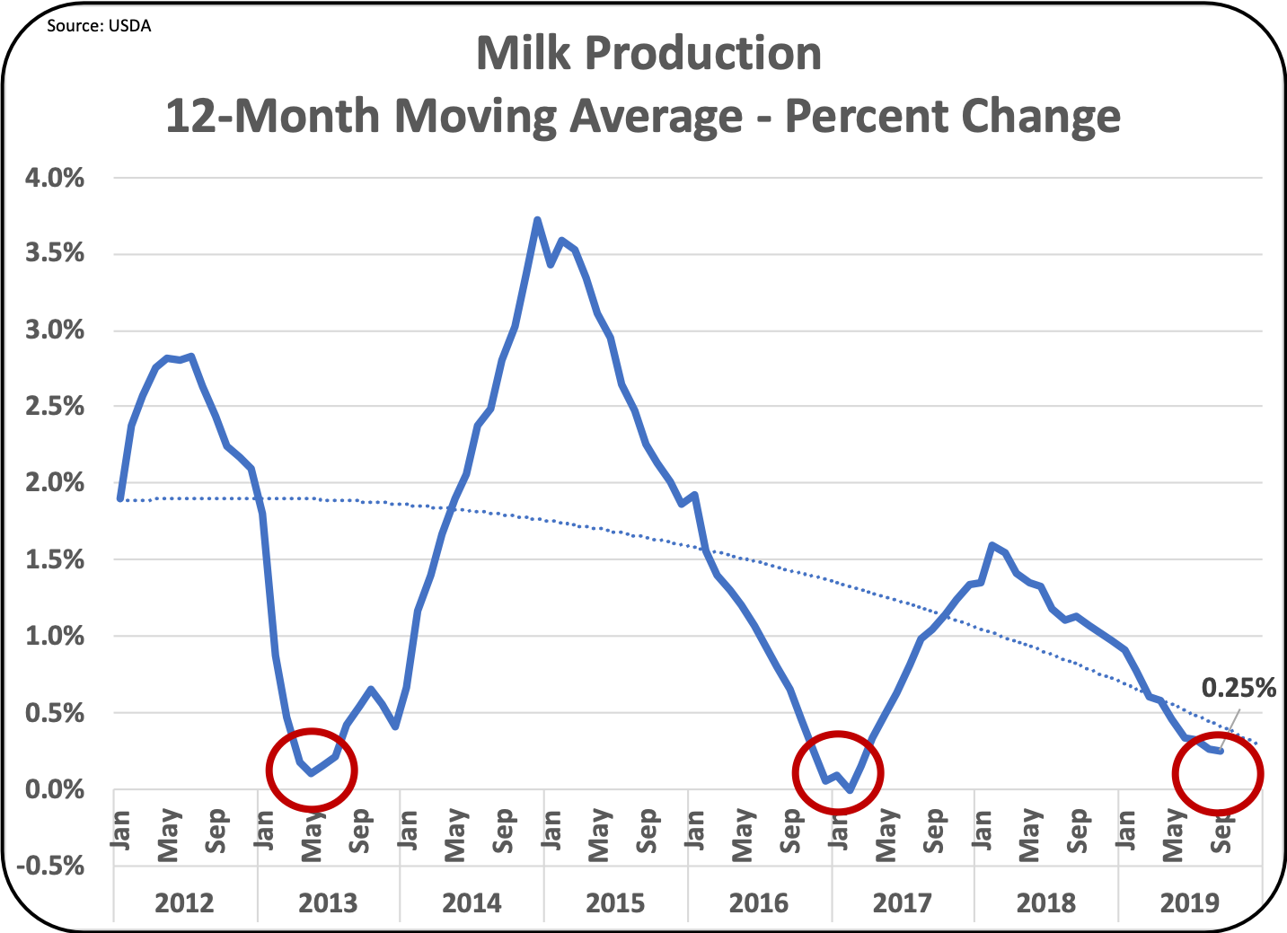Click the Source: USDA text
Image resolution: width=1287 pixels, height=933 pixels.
(x=99, y=26)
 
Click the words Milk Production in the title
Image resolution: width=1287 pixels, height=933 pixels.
(x=648, y=54)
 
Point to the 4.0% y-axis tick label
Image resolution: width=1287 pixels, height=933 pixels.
(x=55, y=178)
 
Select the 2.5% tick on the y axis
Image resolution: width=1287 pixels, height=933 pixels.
(x=55, y=407)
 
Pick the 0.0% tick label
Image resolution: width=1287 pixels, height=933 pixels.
(x=55, y=790)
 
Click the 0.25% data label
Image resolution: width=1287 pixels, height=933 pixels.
(x=1239, y=688)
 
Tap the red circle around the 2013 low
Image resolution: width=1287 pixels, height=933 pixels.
(x=312, y=769)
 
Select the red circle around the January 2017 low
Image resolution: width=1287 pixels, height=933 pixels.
(x=838, y=772)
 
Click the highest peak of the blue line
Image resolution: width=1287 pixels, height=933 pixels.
(x=537, y=219)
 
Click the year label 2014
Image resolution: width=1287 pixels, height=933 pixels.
(x=472, y=902)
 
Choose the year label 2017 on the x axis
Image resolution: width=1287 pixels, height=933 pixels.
(x=903, y=902)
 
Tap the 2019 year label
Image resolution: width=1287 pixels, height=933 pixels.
(x=1189, y=902)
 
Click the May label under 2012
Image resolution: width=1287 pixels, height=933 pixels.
(x=169, y=834)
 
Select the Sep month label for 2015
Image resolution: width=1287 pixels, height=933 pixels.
(x=647, y=831)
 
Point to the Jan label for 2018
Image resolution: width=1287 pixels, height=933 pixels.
(x=981, y=831)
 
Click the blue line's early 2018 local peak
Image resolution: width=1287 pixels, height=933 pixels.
(x=992, y=545)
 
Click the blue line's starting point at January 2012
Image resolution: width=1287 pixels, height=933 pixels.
(x=121, y=497)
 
